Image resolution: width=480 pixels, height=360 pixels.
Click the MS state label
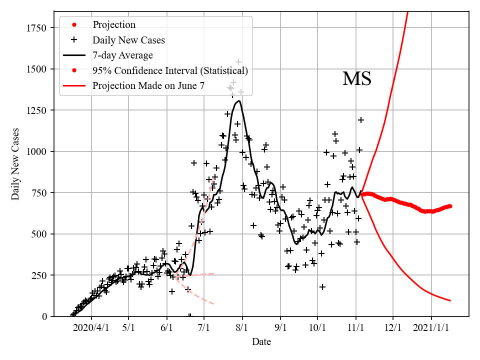point(356,79)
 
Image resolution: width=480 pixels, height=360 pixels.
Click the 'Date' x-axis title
point(261,342)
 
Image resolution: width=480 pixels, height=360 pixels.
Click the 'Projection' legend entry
point(114,25)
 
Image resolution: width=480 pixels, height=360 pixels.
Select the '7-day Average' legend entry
point(122,55)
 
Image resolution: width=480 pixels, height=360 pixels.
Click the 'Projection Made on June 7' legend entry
point(148,86)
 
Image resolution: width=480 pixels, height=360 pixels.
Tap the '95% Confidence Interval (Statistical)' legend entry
point(170,70)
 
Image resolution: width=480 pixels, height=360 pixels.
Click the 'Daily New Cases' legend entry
point(128,40)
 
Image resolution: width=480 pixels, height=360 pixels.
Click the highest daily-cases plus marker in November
point(360,120)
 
